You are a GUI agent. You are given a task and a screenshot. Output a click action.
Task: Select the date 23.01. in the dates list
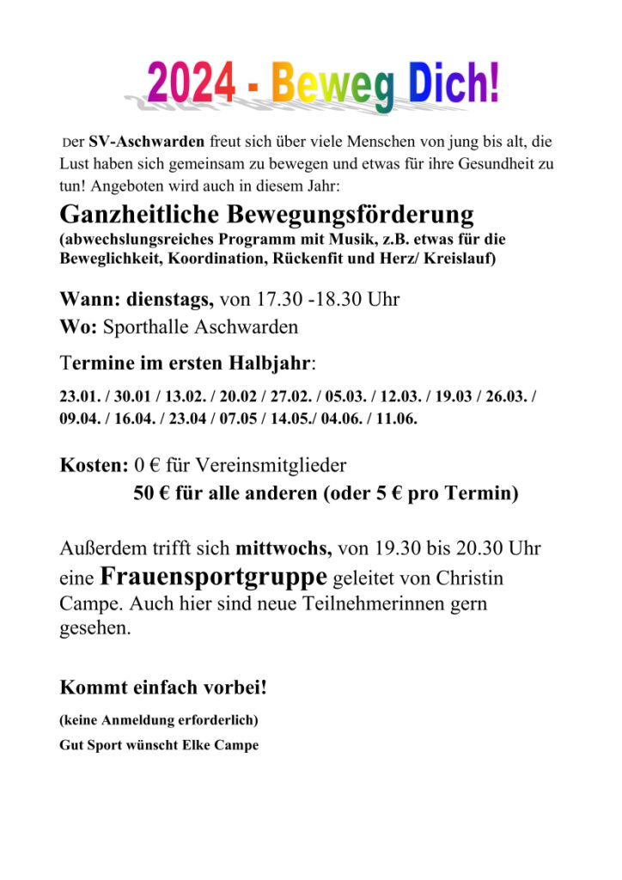click(80, 398)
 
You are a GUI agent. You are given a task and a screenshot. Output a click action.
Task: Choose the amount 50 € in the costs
click(151, 494)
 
